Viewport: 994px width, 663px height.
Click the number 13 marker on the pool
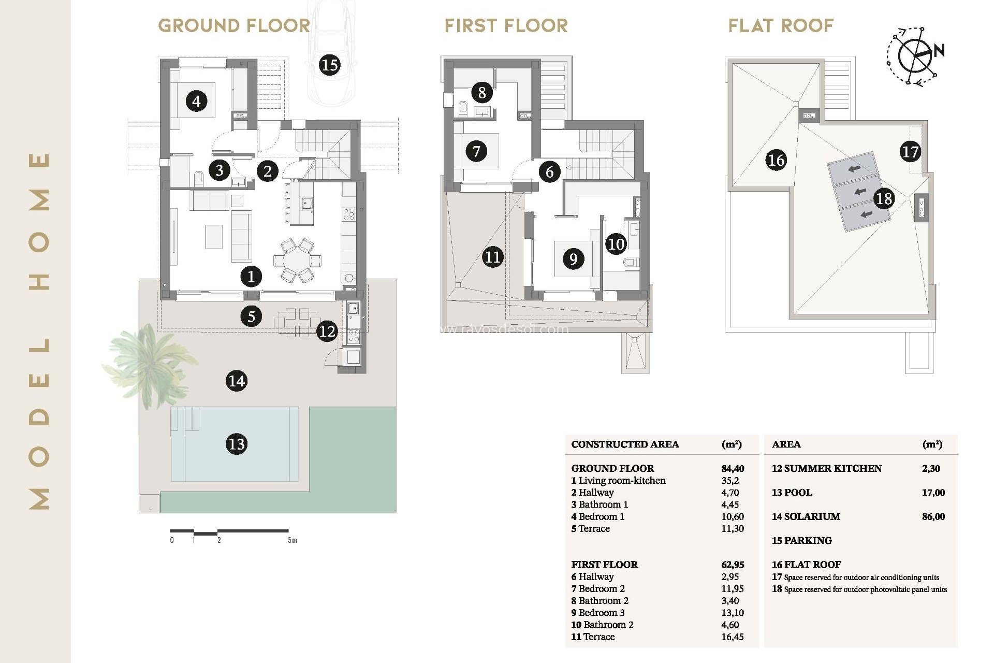[237, 444]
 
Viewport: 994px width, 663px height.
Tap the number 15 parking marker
[329, 65]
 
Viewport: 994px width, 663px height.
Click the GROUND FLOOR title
[234, 25]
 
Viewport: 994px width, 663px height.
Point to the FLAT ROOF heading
[781, 25]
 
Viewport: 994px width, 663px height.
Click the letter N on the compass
[939, 51]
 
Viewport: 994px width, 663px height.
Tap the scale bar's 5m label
[293, 540]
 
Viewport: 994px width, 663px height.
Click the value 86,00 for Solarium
[933, 516]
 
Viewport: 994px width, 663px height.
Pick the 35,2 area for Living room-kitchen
[730, 480]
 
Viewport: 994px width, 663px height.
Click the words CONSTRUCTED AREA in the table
[625, 444]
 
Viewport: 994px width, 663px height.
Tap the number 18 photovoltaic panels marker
[884, 198]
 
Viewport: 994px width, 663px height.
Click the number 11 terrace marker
[492, 257]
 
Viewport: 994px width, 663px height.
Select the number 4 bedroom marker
[196, 101]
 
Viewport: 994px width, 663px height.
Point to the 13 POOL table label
[792, 493]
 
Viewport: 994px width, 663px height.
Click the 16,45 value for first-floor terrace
[732, 637]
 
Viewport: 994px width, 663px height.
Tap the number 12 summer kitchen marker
[327, 331]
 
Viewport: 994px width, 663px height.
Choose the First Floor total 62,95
[732, 565]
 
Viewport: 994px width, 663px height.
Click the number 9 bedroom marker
[573, 258]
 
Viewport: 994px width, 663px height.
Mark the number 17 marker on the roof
[910, 152]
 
